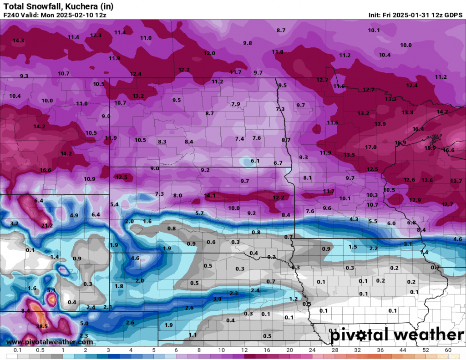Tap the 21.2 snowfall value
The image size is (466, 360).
pos(47,226)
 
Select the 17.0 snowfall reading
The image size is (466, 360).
pos(371,147)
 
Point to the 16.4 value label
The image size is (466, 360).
pos(418,129)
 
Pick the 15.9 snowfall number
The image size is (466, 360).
pos(430,148)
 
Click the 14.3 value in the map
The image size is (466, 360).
pos(18,41)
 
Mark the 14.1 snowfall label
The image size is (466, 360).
pos(210,196)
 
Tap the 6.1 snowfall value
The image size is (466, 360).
pos(255,161)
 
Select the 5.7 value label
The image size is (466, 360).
pos(199,213)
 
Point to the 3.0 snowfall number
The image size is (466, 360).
pos(218,299)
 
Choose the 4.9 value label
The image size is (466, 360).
pos(74,215)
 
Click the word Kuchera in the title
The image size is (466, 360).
pos(81,6)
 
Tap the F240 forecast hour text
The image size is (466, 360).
pos(11,15)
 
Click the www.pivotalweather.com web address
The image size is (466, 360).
pos(50,342)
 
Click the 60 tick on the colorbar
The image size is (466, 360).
pos(448,350)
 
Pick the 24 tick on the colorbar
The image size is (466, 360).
pos(312,350)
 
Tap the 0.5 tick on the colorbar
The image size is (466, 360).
pos(40,350)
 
